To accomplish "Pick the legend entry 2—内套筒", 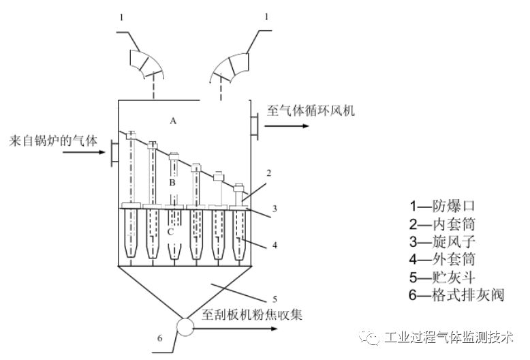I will [443, 224].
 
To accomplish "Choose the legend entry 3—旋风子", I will [443, 241].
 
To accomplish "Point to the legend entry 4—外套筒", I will [443, 259].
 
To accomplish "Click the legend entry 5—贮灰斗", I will [443, 277].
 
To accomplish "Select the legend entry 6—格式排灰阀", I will [455, 295].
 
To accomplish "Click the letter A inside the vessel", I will [174, 121].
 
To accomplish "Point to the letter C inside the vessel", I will [171, 232].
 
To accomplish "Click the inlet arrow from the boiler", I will [82, 152].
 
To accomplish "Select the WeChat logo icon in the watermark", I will [371, 337].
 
